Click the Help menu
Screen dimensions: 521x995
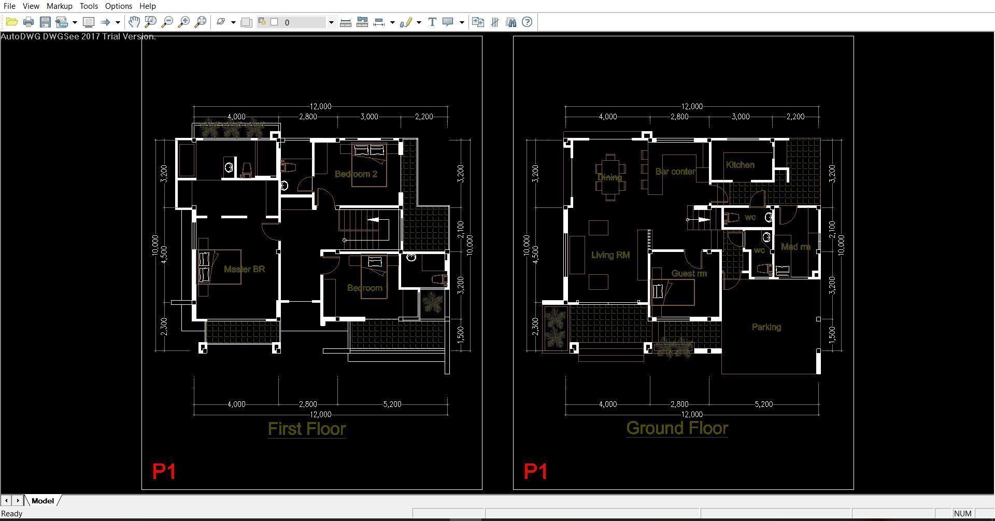(x=147, y=6)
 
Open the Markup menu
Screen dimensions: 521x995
(x=59, y=6)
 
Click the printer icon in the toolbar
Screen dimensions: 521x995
(x=29, y=22)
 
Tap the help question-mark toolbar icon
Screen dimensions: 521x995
(x=527, y=22)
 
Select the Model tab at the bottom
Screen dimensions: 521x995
(x=42, y=501)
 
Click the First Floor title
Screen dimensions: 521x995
(x=307, y=429)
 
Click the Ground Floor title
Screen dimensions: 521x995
(x=677, y=428)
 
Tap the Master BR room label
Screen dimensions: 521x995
(x=244, y=269)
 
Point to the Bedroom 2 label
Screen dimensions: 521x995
(x=356, y=174)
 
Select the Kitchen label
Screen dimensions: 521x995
(x=740, y=165)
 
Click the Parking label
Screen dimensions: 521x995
(x=766, y=327)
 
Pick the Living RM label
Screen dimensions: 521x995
(x=610, y=255)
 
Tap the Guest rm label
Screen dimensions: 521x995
(x=689, y=273)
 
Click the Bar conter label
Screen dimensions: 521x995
(x=675, y=172)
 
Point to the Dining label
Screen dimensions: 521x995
(x=609, y=177)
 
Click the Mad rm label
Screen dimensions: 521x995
(x=795, y=247)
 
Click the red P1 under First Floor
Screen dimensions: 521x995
(x=164, y=472)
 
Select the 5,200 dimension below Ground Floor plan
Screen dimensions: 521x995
(x=763, y=404)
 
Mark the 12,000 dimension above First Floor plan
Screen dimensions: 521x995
(x=320, y=106)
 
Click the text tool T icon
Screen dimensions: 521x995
(x=432, y=22)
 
